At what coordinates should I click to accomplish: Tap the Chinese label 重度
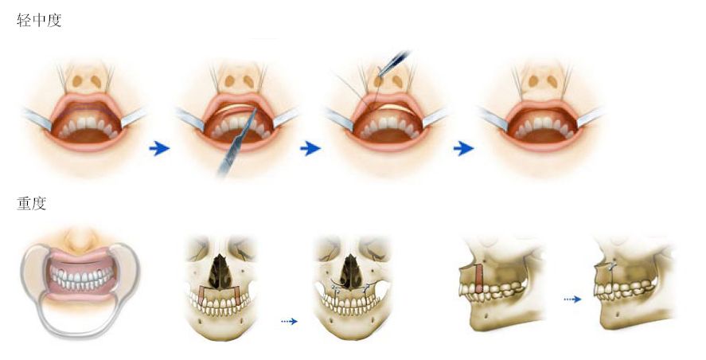click(31, 204)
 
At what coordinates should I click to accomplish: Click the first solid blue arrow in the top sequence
click(160, 148)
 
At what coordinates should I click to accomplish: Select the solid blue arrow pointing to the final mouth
click(463, 148)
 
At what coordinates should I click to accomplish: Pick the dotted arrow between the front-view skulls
click(288, 321)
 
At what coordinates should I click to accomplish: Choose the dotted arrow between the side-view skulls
click(572, 299)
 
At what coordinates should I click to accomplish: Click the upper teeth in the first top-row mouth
click(85, 124)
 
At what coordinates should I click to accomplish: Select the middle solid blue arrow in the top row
click(310, 148)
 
